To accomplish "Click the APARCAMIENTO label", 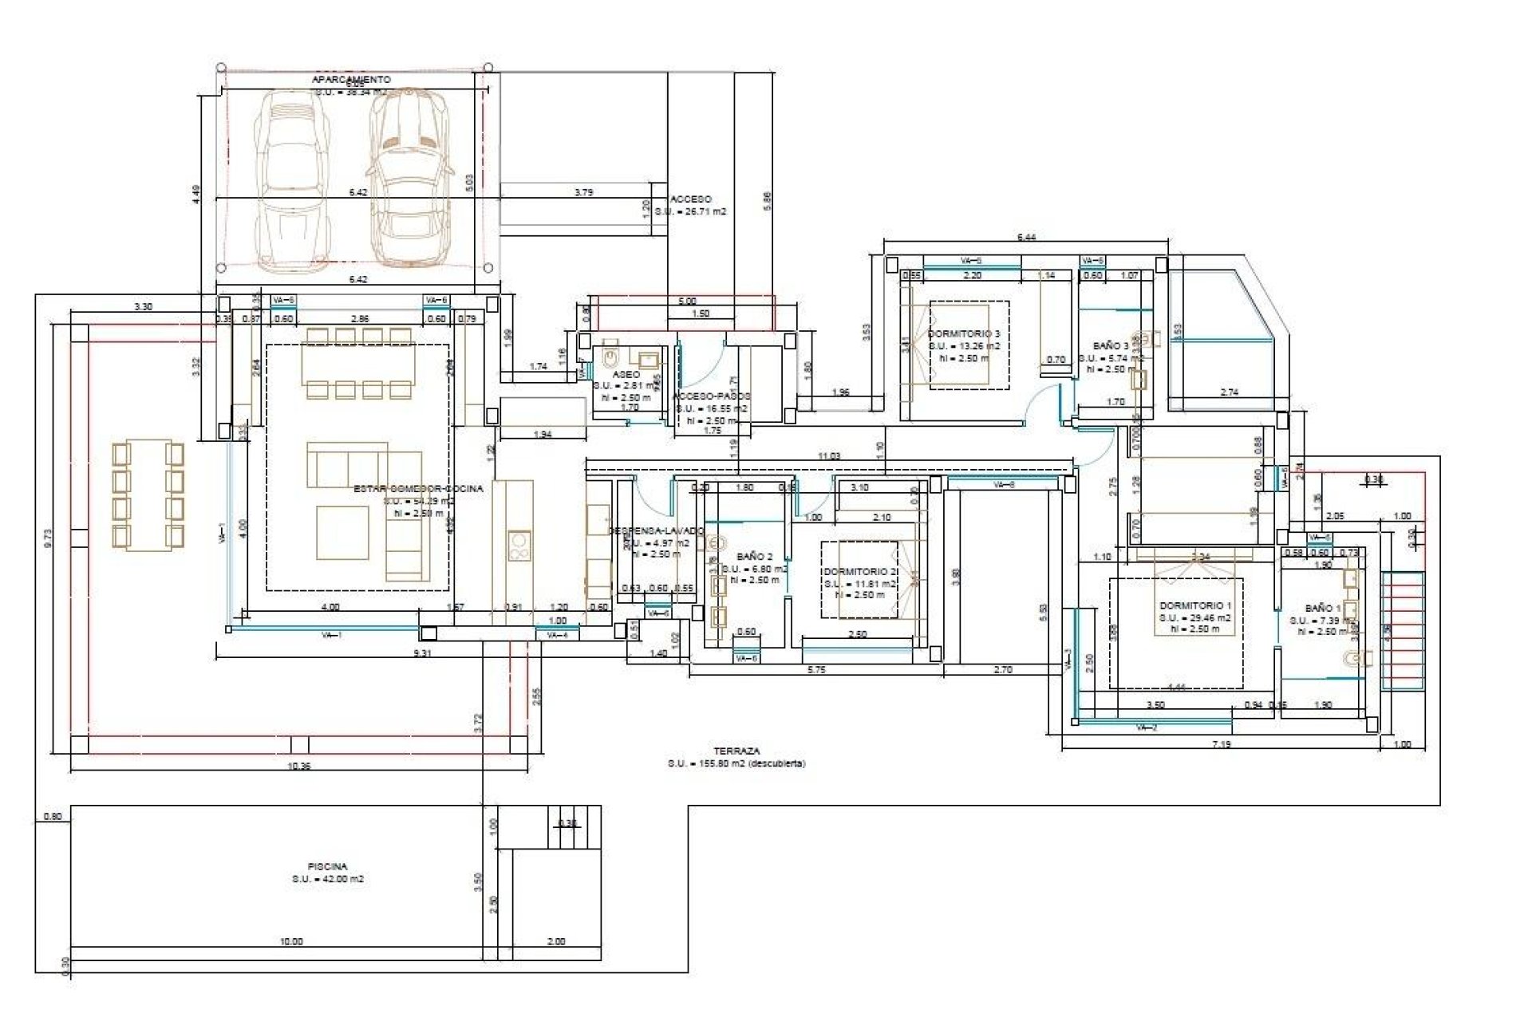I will [x=351, y=80].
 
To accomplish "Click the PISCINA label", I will [x=328, y=865].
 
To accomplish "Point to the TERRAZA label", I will [x=736, y=751].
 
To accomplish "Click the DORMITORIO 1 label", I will [x=1194, y=605].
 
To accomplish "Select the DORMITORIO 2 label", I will [x=859, y=572].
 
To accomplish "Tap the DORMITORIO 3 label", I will [x=964, y=333].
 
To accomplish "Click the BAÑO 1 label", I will [x=1322, y=608].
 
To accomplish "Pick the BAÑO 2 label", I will [x=754, y=556].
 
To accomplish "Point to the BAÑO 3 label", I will [x=1111, y=346].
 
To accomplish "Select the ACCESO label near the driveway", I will [x=691, y=199].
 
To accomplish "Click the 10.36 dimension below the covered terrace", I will [x=298, y=766].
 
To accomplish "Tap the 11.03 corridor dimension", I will [x=829, y=456].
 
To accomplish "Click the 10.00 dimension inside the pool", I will [x=291, y=941].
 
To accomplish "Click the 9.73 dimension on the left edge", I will [x=48, y=538].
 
